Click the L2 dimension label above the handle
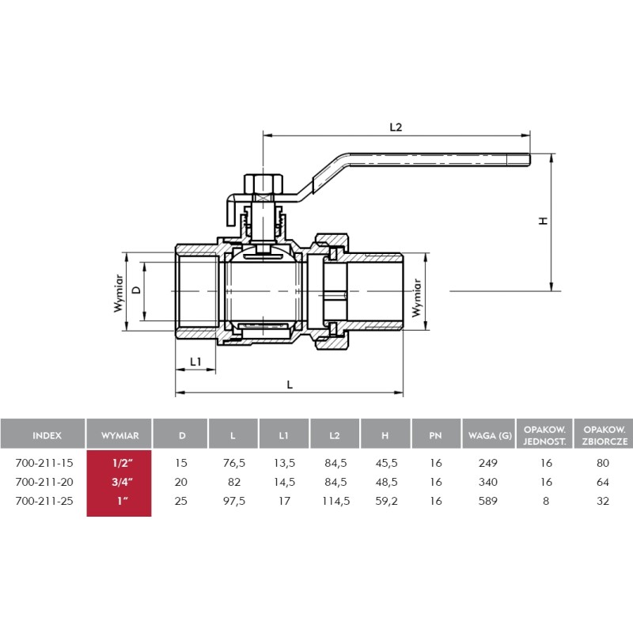pyautogui.click(x=396, y=127)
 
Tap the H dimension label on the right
pyautogui.click(x=544, y=221)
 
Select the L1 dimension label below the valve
pyautogui.click(x=195, y=362)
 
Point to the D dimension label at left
pyautogui.click(x=137, y=290)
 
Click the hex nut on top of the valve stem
pyautogui.click(x=263, y=184)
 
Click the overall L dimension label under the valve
pyautogui.click(x=290, y=385)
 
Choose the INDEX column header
pyautogui.click(x=47, y=435)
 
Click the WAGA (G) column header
pyautogui.click(x=490, y=435)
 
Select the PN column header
pyautogui.click(x=435, y=435)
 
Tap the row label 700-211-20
pyautogui.click(x=44, y=482)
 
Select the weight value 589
pyautogui.click(x=487, y=501)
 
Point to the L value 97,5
pyautogui.click(x=234, y=501)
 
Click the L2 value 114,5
pyautogui.click(x=335, y=501)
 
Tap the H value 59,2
pyautogui.click(x=386, y=501)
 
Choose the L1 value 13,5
pyautogui.click(x=284, y=463)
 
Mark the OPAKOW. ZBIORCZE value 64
pyautogui.click(x=603, y=482)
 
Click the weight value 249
pyautogui.click(x=487, y=463)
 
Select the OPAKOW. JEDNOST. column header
pyautogui.click(x=544, y=435)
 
